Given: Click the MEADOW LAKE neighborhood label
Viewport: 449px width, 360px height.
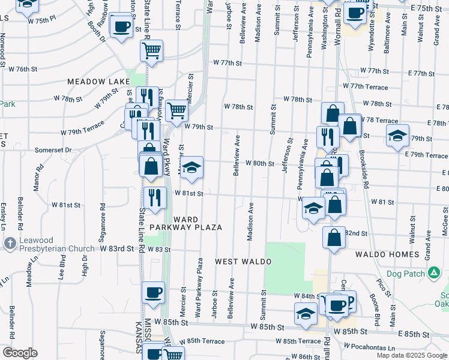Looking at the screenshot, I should coord(95,81).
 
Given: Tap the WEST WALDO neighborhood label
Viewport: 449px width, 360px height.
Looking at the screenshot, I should coord(244,262).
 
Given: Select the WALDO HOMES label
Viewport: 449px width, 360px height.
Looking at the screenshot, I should coord(387,254).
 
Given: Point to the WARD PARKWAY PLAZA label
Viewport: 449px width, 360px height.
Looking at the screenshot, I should coord(186,223).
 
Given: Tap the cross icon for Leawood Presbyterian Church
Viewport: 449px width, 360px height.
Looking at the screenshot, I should coord(10,243).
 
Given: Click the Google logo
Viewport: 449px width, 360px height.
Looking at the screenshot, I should coord(20,353).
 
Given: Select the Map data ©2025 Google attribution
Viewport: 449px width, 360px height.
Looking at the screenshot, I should coord(411,355).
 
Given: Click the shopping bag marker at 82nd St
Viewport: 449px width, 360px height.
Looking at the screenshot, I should coord(334,237).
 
